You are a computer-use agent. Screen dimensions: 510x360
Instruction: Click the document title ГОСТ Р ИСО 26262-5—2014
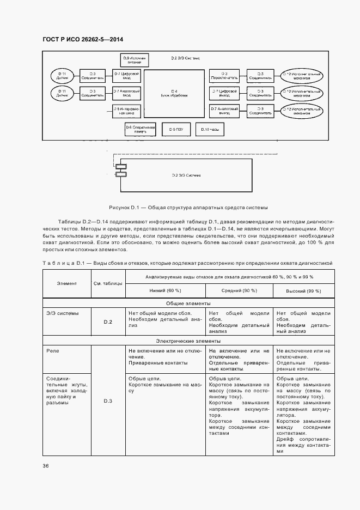(x=82, y=39)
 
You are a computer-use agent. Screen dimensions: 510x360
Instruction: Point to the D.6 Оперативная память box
(x=141, y=129)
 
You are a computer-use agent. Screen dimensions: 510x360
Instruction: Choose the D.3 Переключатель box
(x=224, y=75)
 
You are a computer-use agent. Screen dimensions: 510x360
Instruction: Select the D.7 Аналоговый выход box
(x=224, y=111)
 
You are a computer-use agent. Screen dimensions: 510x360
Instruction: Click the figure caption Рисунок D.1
(x=188, y=208)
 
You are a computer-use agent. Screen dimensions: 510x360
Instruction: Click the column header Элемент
(x=66, y=283)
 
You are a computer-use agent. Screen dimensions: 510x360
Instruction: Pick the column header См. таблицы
(x=108, y=283)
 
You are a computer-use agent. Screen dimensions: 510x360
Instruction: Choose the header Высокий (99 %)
(x=303, y=291)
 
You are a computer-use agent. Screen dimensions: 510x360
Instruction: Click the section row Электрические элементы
(x=188, y=341)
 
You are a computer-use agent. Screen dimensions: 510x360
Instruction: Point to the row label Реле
(x=53, y=351)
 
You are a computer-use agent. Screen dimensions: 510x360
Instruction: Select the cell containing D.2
(x=108, y=322)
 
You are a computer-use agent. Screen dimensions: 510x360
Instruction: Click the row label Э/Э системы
(x=63, y=313)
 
